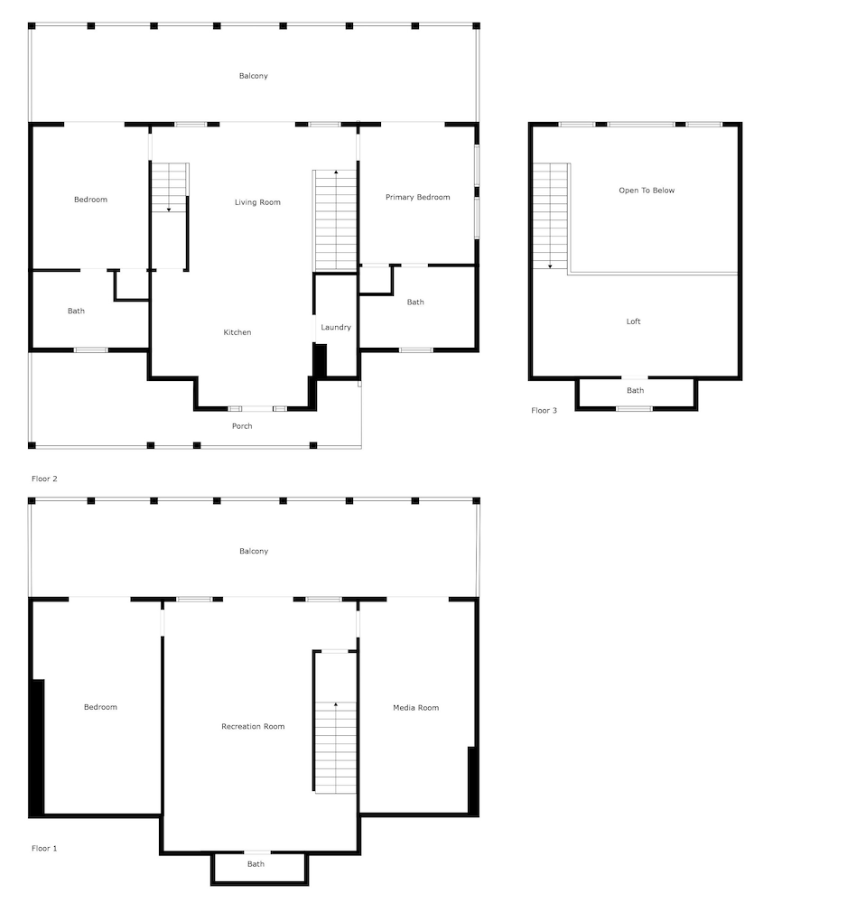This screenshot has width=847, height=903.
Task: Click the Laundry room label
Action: coord(335,327)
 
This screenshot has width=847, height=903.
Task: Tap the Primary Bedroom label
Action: coord(417,197)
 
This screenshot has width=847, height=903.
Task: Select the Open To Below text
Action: coord(646,191)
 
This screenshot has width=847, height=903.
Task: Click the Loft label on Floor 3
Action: coord(634,321)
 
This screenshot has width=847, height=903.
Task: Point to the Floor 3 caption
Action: coord(544,411)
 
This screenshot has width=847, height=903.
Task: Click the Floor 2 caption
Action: coord(44,479)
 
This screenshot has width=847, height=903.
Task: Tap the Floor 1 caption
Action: coord(44,849)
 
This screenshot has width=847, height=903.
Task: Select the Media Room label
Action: coord(415,707)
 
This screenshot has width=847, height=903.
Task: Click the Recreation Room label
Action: coord(253,726)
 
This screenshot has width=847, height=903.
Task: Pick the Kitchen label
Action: coord(237,332)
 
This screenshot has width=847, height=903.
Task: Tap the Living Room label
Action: coord(257,202)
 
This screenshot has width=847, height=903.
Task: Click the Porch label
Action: coord(242,426)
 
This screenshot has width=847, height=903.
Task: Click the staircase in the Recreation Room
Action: coord(335,722)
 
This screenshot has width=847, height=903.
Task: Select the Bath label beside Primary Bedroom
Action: coord(415,303)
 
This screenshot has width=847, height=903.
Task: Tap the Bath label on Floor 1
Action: coord(256,864)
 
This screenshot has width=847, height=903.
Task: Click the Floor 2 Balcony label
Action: coord(254,76)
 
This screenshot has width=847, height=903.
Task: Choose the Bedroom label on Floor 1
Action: coord(100,707)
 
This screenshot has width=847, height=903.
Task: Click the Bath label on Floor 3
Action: coord(636,391)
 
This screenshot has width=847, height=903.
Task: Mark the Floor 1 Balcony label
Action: coord(254,551)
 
